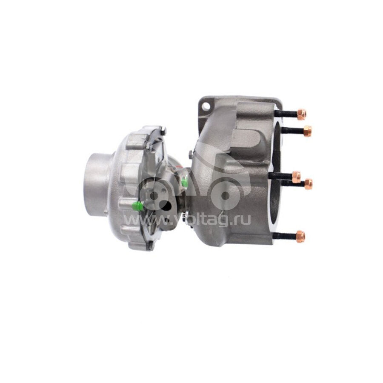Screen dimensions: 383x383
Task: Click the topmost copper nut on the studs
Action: pyautogui.click(x=301, y=114)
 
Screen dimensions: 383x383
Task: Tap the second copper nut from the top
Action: pyautogui.click(x=307, y=131)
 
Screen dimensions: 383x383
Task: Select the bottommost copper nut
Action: pyautogui.click(x=300, y=236)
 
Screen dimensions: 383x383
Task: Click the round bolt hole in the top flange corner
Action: pyautogui.click(x=206, y=106)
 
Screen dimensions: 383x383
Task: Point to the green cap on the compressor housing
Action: pyautogui.click(x=137, y=206)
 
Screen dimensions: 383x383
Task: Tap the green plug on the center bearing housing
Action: pyautogui.click(x=185, y=182)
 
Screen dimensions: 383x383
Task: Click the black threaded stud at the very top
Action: pyautogui.click(x=286, y=114)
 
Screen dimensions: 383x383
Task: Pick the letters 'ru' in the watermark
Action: pyautogui.click(x=244, y=220)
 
